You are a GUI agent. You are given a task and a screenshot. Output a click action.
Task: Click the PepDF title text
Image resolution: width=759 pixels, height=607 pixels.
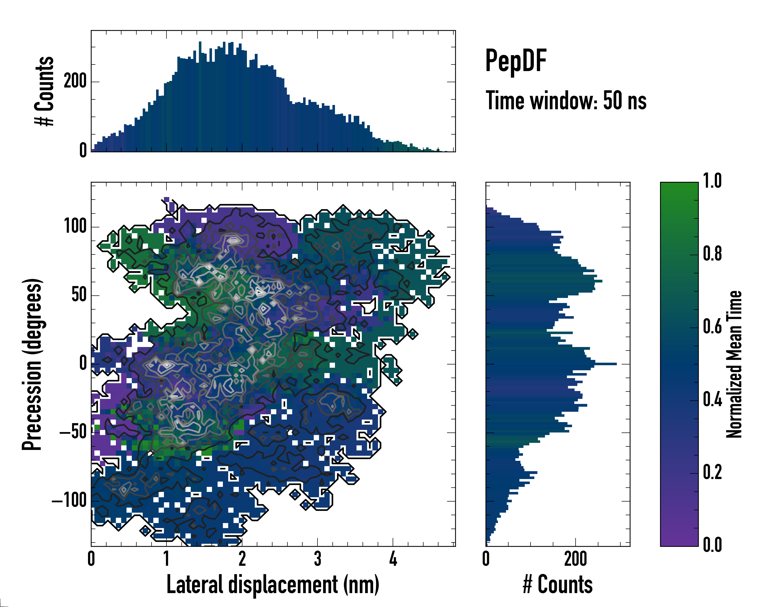tap(515, 61)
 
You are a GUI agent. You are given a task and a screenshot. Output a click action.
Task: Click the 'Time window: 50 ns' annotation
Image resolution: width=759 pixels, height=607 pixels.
tap(566, 101)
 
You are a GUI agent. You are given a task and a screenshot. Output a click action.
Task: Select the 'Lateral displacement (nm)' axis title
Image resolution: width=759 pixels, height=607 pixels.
tap(273, 585)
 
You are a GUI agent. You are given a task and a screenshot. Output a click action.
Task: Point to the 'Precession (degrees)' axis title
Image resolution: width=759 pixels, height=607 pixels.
tap(32, 364)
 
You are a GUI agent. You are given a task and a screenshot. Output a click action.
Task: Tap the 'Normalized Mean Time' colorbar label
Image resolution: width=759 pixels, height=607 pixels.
tap(734, 364)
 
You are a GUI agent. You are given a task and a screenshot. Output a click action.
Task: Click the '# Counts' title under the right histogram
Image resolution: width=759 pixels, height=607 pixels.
tap(558, 585)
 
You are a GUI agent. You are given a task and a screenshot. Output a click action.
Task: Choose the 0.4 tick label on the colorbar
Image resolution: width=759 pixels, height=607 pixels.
tap(712, 400)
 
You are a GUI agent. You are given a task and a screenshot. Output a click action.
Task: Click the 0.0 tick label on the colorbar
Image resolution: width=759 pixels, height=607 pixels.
tap(712, 545)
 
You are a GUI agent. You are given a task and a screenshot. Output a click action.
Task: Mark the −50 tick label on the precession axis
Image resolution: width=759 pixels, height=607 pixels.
tap(73, 432)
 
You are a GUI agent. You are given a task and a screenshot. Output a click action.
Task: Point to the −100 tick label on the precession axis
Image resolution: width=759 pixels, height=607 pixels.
tap(69, 500)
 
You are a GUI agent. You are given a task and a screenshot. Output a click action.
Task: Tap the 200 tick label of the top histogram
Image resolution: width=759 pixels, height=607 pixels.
tap(75, 82)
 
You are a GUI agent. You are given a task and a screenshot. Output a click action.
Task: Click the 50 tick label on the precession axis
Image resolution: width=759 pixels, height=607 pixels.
tap(79, 295)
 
